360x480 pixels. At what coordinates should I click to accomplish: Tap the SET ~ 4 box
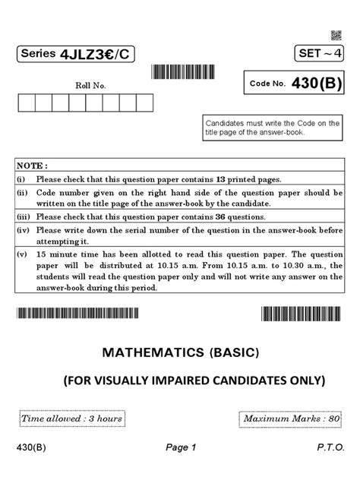(317, 55)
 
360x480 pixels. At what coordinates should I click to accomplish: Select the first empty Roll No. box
(25, 103)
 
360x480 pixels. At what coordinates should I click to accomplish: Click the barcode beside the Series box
(184, 72)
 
